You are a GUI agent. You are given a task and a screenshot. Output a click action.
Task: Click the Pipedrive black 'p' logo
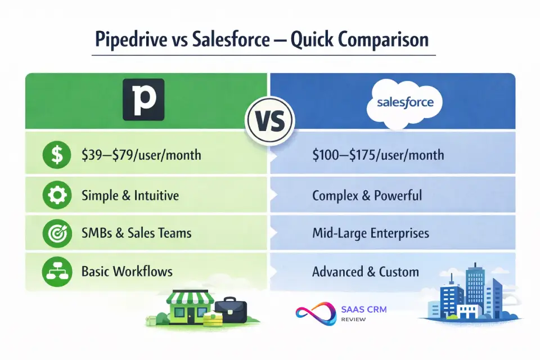pos(143,100)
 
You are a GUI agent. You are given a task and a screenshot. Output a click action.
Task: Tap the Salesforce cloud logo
pos(405,102)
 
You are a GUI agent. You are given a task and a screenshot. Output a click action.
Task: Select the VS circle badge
pos(269,121)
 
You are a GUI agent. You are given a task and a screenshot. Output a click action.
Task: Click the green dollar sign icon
pos(57,155)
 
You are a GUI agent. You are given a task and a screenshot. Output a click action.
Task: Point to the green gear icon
pos(57,195)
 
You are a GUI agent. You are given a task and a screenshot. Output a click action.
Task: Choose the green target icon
pos(57,233)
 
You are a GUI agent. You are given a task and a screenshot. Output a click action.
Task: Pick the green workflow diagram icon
pos(57,272)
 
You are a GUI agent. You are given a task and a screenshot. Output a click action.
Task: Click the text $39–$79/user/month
pos(141,155)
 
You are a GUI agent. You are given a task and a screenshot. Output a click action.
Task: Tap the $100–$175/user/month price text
pos(378,155)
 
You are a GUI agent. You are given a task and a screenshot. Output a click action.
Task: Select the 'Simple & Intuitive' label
pos(130,196)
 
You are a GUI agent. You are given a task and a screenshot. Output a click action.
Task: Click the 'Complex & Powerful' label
pos(367,196)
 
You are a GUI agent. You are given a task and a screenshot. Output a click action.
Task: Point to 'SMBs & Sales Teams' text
pos(136,233)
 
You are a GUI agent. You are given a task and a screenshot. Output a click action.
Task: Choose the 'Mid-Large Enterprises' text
pos(371,233)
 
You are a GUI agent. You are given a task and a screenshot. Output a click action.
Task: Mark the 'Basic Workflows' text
pos(127,272)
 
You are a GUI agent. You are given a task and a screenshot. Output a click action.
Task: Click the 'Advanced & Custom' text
pos(366,272)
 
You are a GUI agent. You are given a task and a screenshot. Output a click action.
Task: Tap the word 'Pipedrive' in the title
pos(131,39)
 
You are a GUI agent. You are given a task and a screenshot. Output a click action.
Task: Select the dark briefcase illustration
pos(231,309)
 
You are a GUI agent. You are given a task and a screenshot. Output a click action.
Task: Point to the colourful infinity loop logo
pos(316,313)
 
